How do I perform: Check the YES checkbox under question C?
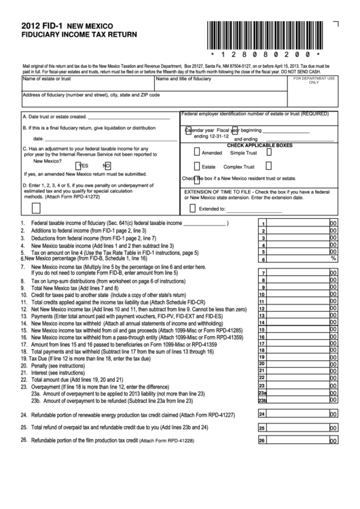coord(79,165)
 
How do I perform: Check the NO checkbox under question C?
coord(107,165)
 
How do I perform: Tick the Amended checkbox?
coord(197,153)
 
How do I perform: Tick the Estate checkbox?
coord(197,166)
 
